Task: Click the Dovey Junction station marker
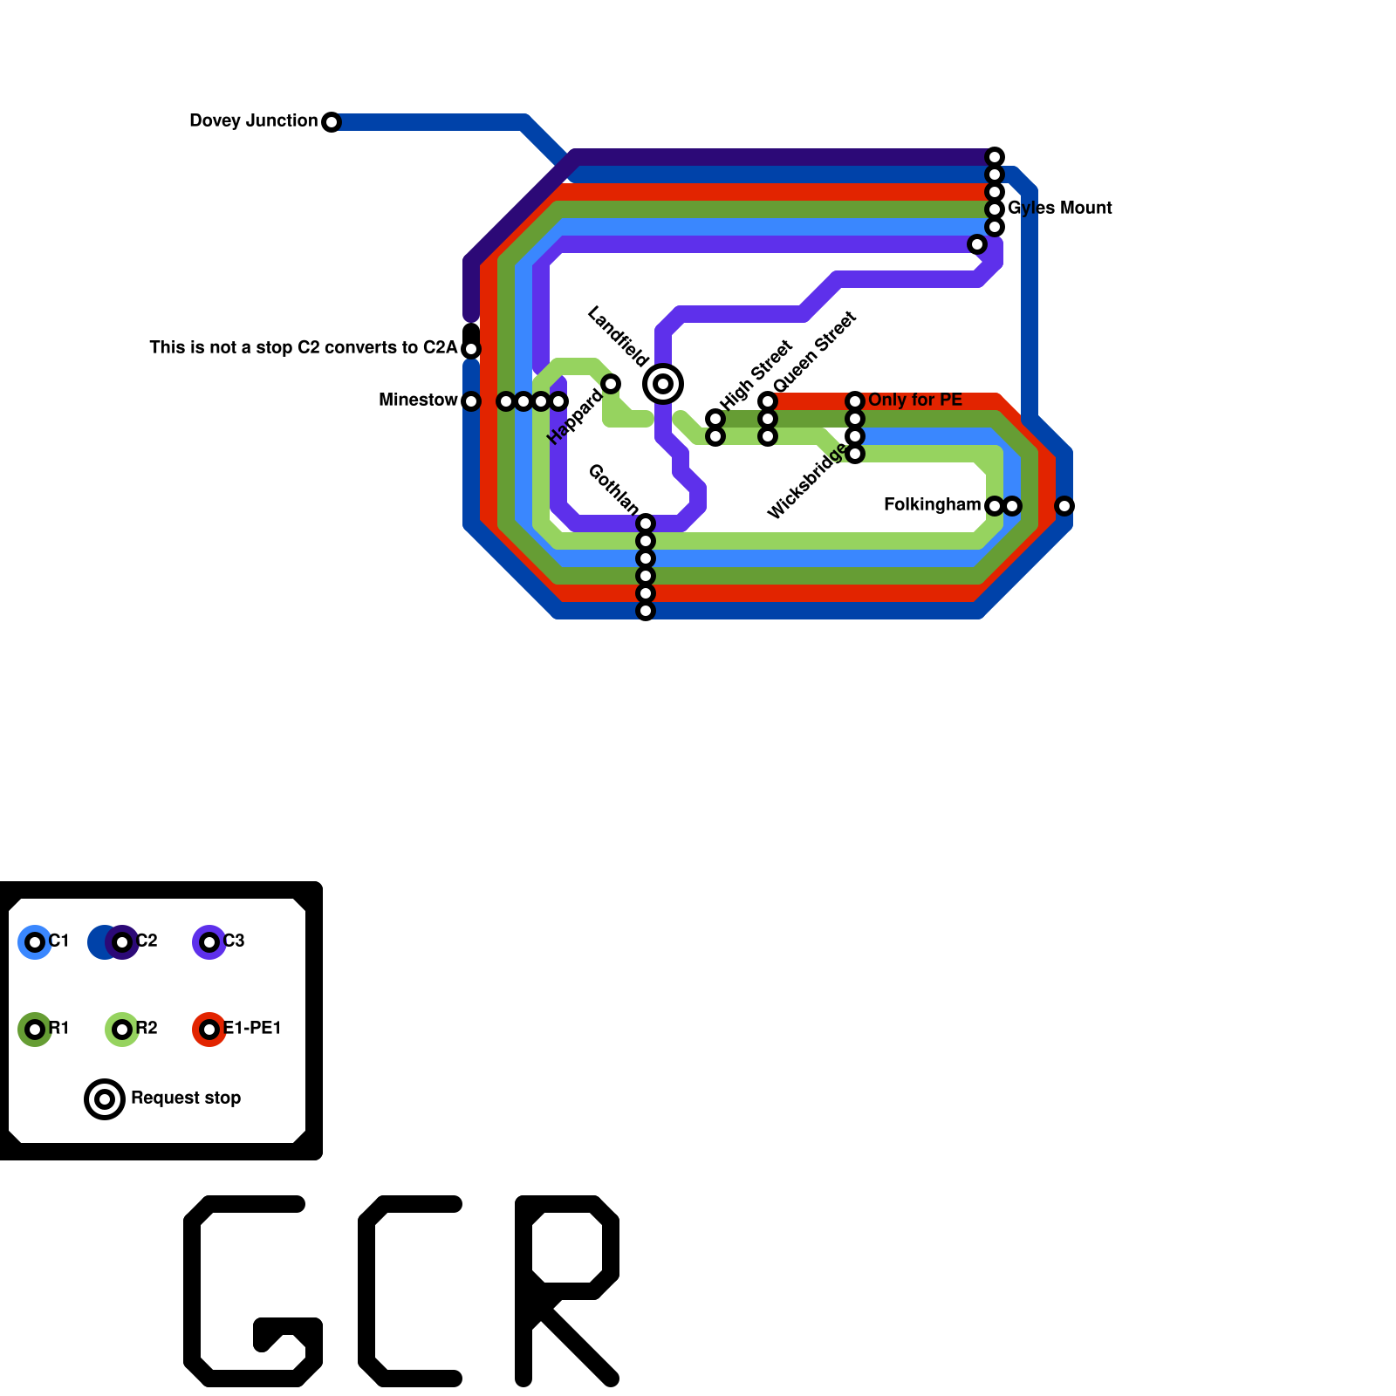[332, 122]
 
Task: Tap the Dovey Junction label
[253, 120]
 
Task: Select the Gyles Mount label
[1059, 208]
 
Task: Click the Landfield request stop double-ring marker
[663, 384]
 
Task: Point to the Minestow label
[418, 400]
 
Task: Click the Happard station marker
[611, 384]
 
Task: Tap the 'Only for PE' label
[915, 400]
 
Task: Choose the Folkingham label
[932, 504]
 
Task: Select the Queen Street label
[815, 352]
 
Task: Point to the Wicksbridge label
[807, 481]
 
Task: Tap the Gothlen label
[613, 489]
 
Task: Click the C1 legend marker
[35, 942]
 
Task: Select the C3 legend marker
[209, 942]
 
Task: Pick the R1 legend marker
[35, 1030]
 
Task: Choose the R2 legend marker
[122, 1030]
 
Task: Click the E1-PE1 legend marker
[209, 1030]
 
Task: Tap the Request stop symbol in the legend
[105, 1099]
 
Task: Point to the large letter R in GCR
[567, 1291]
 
